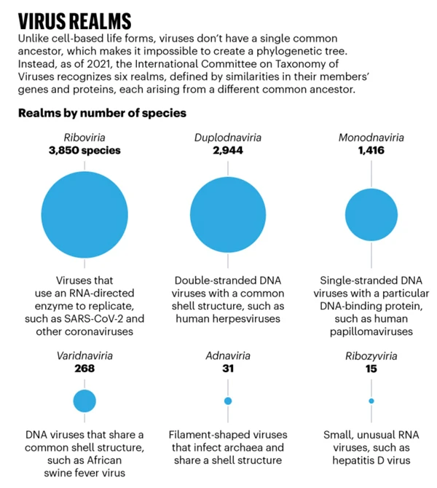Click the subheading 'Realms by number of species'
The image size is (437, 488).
coord(102,114)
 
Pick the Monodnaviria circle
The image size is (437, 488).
coord(371,215)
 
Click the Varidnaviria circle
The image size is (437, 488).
coord(85,401)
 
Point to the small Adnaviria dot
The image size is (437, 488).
coord(228,401)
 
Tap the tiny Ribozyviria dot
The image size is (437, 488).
coord(371,401)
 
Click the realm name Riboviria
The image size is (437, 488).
coord(85,138)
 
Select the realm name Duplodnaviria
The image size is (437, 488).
coord(228,138)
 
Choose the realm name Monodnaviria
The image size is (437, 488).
coord(371,138)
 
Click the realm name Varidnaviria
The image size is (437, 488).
coord(85,356)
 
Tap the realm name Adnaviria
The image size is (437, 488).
coord(228,356)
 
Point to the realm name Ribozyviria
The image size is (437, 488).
coord(371,356)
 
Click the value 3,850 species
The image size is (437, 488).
coord(85,151)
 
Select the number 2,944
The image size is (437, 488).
coord(228,151)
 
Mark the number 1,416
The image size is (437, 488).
coord(371,151)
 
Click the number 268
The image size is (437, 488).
coord(85,369)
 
